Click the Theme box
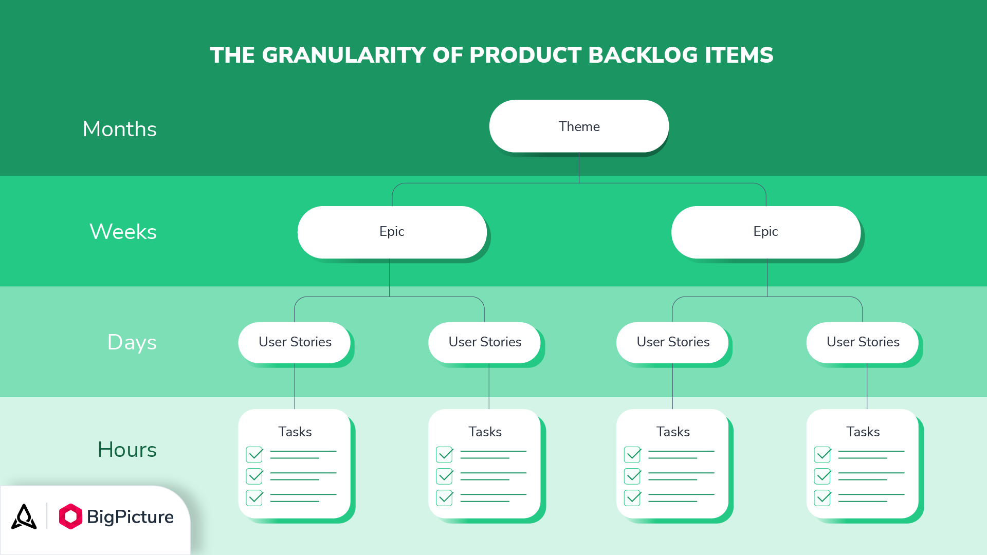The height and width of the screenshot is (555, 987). click(x=579, y=126)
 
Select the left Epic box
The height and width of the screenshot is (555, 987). click(x=392, y=232)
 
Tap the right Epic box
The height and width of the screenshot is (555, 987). click(x=765, y=232)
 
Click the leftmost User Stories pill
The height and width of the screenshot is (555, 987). click(x=295, y=342)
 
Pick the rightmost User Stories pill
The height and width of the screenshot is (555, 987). click(x=863, y=342)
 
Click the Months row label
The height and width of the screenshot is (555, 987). click(x=120, y=129)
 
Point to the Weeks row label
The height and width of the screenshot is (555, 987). click(x=123, y=232)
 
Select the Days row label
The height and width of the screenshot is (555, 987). click(x=132, y=342)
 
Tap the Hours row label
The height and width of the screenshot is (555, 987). click(x=127, y=450)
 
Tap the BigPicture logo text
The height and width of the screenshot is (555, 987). click(x=130, y=516)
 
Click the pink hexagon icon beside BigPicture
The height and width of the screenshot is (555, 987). click(x=70, y=516)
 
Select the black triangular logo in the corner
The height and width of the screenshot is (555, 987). click(x=24, y=516)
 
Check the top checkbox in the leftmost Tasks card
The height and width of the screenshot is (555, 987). click(x=254, y=454)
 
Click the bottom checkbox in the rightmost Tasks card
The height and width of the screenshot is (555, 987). click(x=822, y=497)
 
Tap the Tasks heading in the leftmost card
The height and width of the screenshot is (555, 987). click(x=295, y=432)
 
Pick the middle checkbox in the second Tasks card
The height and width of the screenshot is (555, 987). click(x=445, y=476)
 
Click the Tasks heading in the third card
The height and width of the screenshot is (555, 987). click(x=673, y=432)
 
